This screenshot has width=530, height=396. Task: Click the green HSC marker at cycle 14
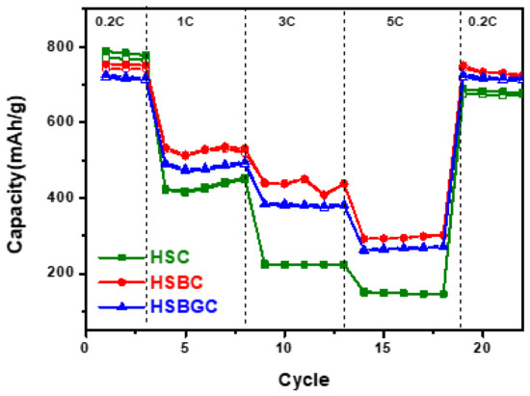[x=363, y=291]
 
